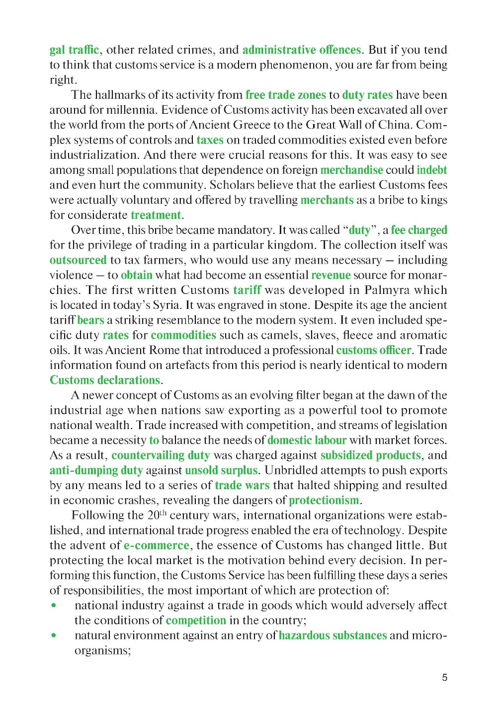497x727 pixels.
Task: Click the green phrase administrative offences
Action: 301,50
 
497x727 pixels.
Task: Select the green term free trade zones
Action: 285,95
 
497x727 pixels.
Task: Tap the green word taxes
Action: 210,140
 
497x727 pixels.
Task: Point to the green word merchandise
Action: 351,170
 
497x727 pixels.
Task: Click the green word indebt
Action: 431,170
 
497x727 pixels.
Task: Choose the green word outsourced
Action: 78,260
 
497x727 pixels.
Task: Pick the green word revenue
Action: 331,275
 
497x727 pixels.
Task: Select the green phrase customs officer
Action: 374,350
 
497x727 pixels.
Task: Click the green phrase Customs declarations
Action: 105,380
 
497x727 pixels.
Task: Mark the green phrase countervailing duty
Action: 161,455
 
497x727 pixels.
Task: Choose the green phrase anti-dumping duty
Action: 96,470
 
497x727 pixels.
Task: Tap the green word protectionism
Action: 324,501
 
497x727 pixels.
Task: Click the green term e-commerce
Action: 156,545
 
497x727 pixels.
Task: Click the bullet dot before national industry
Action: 54,605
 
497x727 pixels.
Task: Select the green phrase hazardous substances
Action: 332,636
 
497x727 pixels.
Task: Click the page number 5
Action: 444,677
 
